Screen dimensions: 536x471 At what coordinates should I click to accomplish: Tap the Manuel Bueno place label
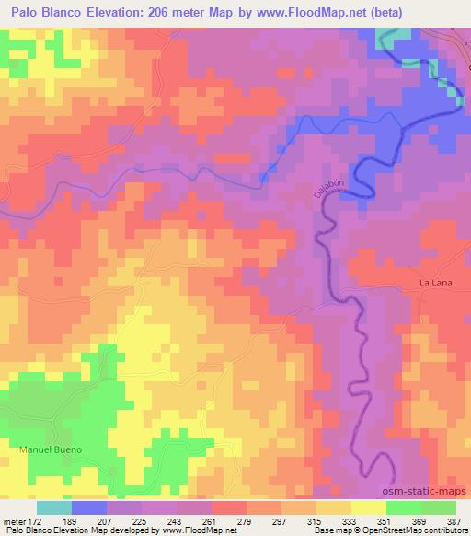(51, 449)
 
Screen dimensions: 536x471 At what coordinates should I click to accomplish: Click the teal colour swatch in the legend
(54, 507)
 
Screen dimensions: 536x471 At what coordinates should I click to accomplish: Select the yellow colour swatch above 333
(334, 507)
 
